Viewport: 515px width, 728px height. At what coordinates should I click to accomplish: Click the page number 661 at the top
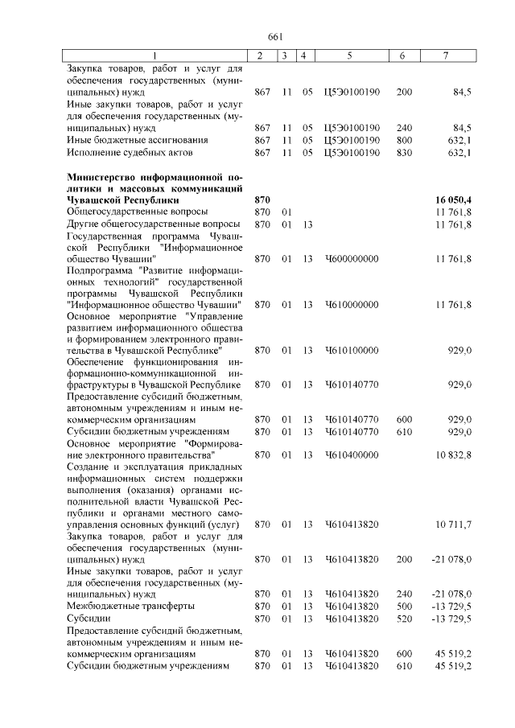coord(276,37)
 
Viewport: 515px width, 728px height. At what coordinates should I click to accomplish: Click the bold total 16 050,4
coord(448,199)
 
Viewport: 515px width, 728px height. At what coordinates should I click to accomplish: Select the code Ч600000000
coord(350,258)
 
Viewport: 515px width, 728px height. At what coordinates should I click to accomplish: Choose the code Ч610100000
coord(350,351)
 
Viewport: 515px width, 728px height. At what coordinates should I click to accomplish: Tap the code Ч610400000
coord(350,454)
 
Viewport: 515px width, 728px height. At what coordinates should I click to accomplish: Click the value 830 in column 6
coord(404,152)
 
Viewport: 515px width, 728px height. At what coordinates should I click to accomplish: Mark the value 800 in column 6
coord(404,140)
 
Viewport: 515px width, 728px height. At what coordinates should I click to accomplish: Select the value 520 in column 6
coord(404,618)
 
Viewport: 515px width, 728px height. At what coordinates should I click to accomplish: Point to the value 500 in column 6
coord(404,606)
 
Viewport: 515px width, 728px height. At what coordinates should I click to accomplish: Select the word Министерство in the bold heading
coord(101,176)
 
